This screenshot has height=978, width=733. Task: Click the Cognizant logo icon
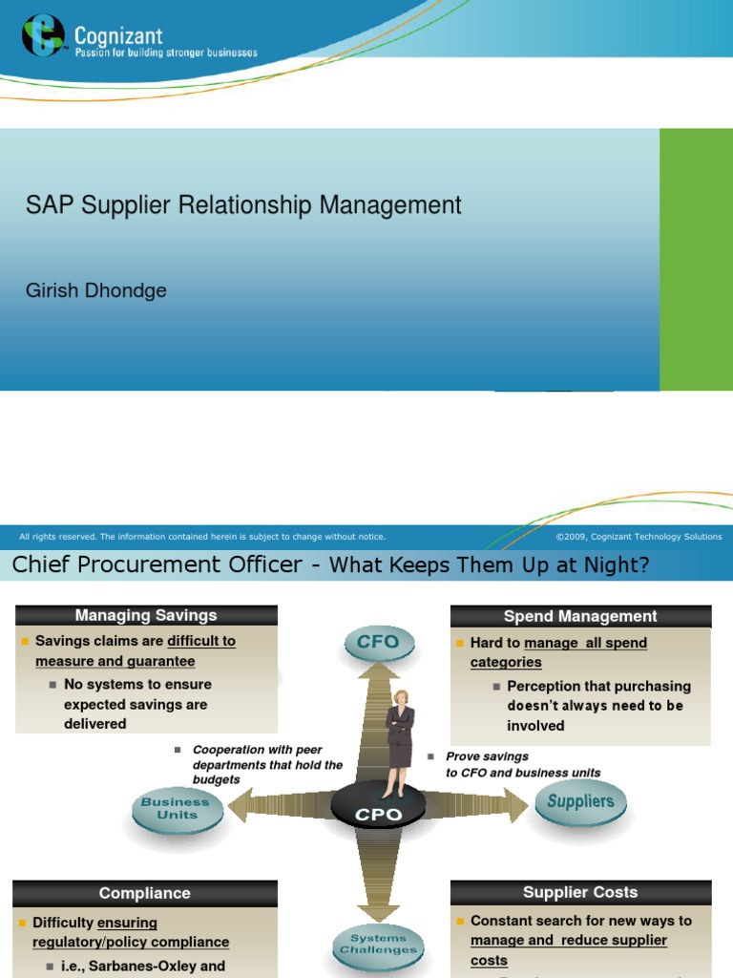(44, 35)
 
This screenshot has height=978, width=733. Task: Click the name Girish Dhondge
(95, 290)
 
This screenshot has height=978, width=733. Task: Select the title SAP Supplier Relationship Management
(243, 204)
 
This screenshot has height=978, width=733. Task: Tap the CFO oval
(378, 642)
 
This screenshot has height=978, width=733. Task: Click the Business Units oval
(176, 809)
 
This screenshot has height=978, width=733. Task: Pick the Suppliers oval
(580, 801)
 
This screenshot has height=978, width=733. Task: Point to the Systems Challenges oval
(378, 944)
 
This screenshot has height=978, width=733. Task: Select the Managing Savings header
(146, 616)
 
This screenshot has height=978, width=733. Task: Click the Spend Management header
(580, 617)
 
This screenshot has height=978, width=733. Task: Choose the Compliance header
(145, 893)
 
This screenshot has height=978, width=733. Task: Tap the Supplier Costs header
(580, 892)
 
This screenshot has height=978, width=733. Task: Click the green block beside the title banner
(696, 260)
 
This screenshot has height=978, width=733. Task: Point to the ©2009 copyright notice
(639, 537)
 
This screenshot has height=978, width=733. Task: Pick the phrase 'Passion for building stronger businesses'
(167, 53)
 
